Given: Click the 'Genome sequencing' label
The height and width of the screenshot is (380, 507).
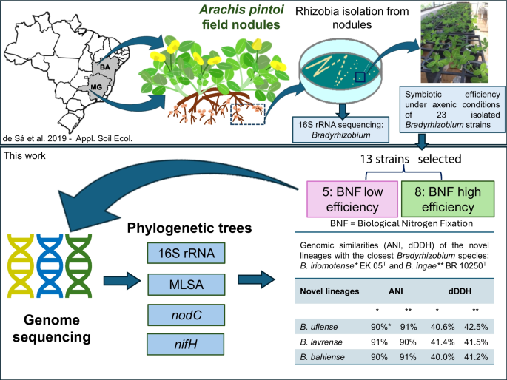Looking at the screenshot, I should (50, 328).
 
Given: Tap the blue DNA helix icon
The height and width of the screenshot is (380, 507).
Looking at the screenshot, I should (51, 267).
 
